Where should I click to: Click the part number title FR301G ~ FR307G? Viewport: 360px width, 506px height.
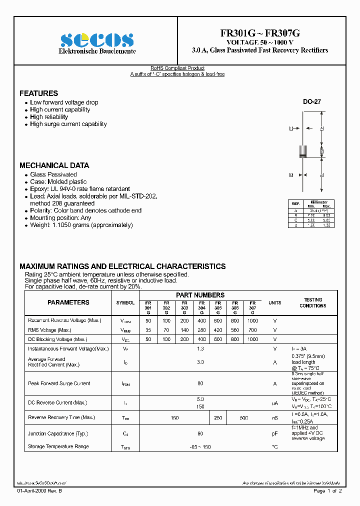pyautogui.click(x=260, y=33)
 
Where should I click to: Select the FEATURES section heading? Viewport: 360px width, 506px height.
pyautogui.click(x=38, y=93)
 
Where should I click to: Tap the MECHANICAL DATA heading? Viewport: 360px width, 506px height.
pyautogui.click(x=54, y=165)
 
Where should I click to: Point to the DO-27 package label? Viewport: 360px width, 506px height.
pyautogui.click(x=311, y=101)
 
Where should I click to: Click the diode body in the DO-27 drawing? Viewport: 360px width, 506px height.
pyautogui.click(x=302, y=150)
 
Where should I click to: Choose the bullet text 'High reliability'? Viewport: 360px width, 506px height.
pyautogui.click(x=49, y=117)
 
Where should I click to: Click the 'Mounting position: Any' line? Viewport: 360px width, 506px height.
pyautogui.click(x=60, y=218)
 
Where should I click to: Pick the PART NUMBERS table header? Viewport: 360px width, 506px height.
pyautogui.click(x=200, y=295)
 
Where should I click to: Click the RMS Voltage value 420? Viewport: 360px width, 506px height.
pyautogui.click(x=218, y=330)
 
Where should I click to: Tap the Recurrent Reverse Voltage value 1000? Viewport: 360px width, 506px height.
pyautogui.click(x=252, y=320)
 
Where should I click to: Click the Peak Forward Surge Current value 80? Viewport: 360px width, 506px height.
pyautogui.click(x=200, y=383)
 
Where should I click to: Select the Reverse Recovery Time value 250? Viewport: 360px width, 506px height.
pyautogui.click(x=218, y=417)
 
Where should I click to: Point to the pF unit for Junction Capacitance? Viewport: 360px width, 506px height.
pyautogui.click(x=274, y=433)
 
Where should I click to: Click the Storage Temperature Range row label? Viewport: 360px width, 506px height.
pyautogui.click(x=58, y=446)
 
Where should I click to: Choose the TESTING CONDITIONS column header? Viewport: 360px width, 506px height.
pyautogui.click(x=312, y=303)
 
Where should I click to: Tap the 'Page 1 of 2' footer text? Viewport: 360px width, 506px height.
pyautogui.click(x=327, y=491)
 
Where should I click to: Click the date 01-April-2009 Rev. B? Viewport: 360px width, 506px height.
pyautogui.click(x=39, y=491)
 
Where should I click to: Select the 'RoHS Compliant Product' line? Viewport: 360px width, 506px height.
pyautogui.click(x=177, y=68)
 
